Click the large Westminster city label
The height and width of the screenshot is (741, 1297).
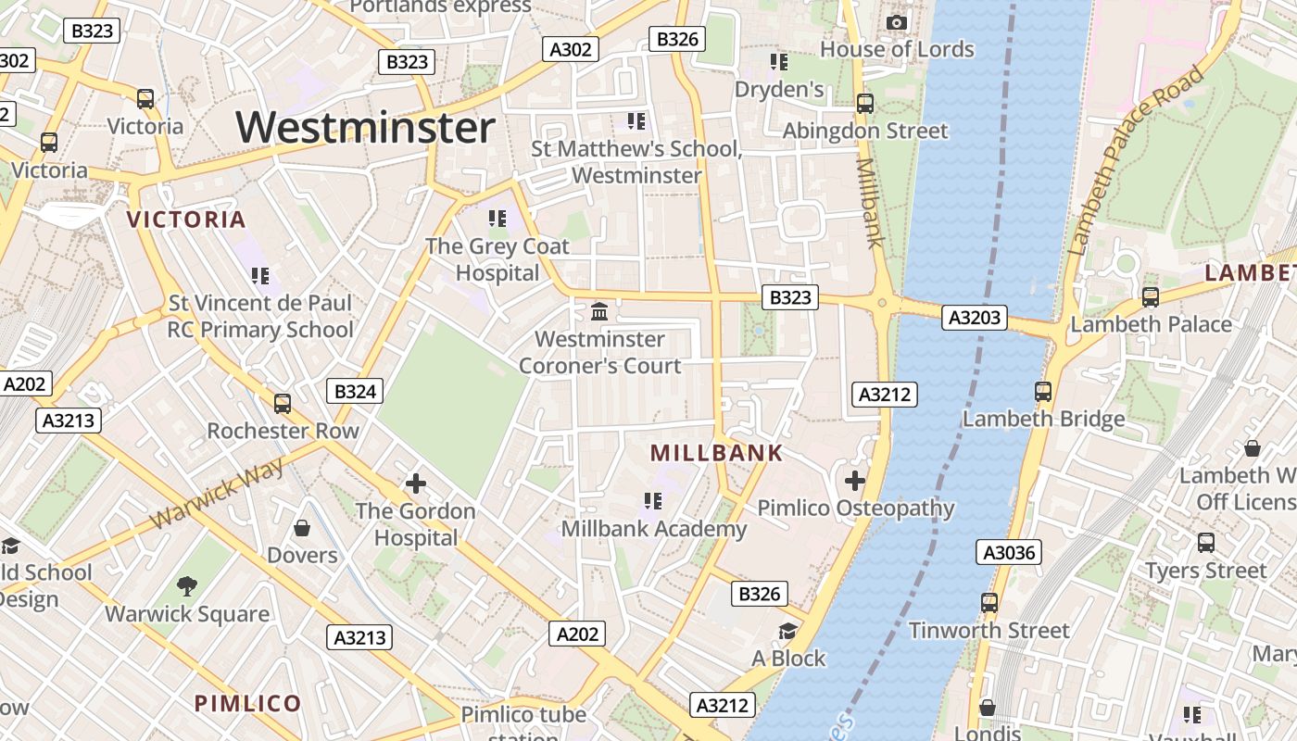[366, 127]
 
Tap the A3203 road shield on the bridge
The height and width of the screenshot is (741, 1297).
[976, 318]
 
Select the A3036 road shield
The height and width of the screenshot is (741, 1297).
[1009, 553]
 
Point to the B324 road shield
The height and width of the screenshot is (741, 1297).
[354, 392]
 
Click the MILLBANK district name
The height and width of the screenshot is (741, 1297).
[716, 453]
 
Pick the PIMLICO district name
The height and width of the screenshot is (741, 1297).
[247, 703]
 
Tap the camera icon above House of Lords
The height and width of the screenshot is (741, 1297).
[896, 22]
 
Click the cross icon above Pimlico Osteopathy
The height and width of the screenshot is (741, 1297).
[855, 481]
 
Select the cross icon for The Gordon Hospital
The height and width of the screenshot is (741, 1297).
[416, 483]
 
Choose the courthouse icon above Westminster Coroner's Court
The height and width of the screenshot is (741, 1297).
[599, 312]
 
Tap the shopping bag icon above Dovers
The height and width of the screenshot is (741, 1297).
[302, 529]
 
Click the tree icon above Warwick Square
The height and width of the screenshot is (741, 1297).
[187, 585]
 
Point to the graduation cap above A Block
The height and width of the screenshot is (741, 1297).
[787, 631]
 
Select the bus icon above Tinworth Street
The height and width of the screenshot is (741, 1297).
[989, 603]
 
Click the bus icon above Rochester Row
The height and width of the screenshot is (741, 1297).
[283, 404]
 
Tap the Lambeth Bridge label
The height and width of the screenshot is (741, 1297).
[1043, 419]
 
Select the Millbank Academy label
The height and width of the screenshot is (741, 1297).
[654, 529]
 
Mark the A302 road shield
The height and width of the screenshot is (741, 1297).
[570, 49]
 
